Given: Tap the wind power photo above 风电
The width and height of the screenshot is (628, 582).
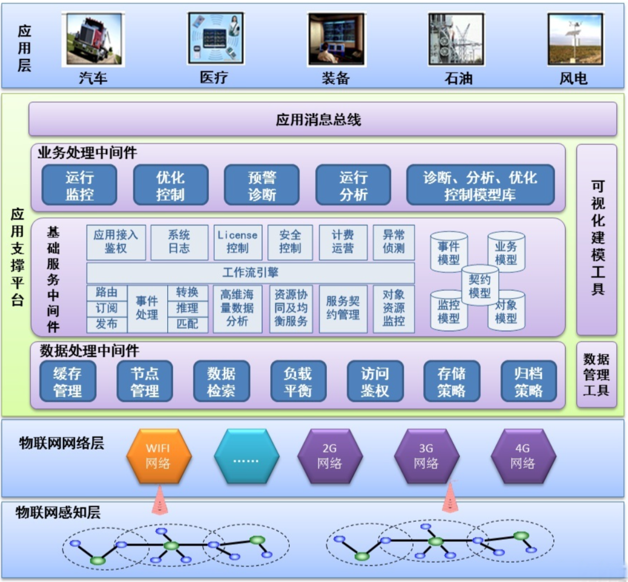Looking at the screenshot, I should pos(575,39).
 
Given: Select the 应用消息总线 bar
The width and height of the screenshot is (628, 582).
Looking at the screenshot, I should pos(322,120).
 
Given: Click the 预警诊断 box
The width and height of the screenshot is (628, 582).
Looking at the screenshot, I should pos(262,185).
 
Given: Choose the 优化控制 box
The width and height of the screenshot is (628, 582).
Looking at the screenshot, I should pos(170,185).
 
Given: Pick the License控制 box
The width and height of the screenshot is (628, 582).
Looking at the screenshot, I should pos(238,242).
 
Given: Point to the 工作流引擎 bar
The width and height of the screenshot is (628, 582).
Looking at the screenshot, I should pos(250,273).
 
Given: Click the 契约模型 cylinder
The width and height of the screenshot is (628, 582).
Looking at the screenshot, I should pos(480,285).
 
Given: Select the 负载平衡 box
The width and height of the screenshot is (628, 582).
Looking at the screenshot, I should pos(298,382).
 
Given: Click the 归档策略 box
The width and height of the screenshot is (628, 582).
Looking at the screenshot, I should pos(528,382).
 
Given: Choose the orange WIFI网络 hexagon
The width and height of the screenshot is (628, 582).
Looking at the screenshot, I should pos(158,456).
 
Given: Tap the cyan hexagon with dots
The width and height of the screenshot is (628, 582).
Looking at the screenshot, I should pos(246,456).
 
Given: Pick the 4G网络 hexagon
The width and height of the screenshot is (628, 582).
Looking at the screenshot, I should pos(523,456).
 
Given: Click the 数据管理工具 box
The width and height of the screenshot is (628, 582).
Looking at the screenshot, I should pos(597,375).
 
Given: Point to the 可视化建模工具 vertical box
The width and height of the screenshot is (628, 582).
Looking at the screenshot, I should pos(597,239).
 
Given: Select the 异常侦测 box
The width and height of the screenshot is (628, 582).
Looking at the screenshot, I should pos(393,242).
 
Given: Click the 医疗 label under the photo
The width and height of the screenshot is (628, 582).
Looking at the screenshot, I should pos(214,78).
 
